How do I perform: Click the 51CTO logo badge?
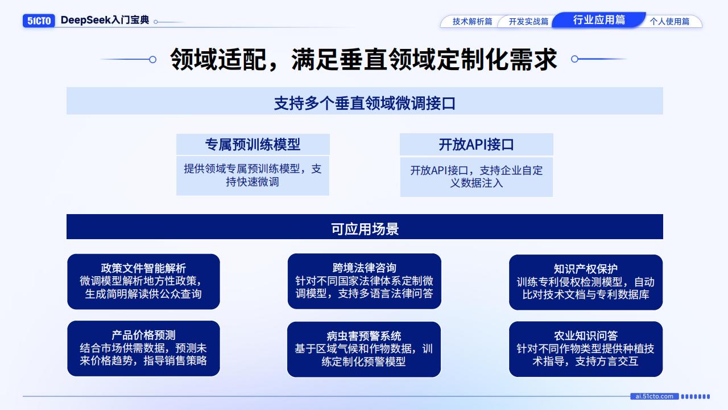(x=39, y=21)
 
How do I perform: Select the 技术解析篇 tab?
(x=472, y=22)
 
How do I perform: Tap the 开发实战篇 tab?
(x=528, y=22)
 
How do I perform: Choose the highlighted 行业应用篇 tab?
(x=599, y=20)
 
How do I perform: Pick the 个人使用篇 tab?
(x=669, y=22)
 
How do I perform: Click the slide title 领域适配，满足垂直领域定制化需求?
(x=363, y=59)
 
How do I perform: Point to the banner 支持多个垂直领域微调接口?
(x=365, y=103)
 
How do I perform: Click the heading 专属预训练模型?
(x=253, y=145)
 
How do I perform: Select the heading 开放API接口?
(x=476, y=145)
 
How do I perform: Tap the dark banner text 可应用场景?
(x=365, y=228)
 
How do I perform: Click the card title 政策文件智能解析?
(x=143, y=268)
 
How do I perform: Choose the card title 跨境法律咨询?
(x=364, y=268)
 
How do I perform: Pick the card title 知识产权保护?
(x=585, y=269)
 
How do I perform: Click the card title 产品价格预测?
(x=143, y=335)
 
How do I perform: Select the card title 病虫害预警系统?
(x=364, y=336)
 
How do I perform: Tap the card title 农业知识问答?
(x=585, y=335)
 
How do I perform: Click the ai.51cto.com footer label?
(x=654, y=396)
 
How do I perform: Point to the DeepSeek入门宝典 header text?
(x=105, y=20)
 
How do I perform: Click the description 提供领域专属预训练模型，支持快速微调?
(x=253, y=175)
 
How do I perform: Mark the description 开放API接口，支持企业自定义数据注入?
(x=476, y=177)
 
